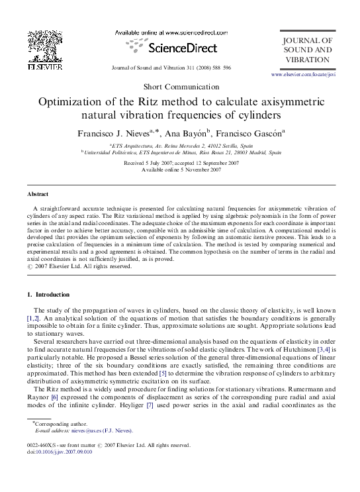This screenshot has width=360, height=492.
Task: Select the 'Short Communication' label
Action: (179, 88)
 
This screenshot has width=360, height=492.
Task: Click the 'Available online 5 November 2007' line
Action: (181, 170)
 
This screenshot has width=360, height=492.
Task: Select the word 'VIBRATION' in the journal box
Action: (307, 60)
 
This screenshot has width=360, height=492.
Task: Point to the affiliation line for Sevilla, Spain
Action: (180, 144)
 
